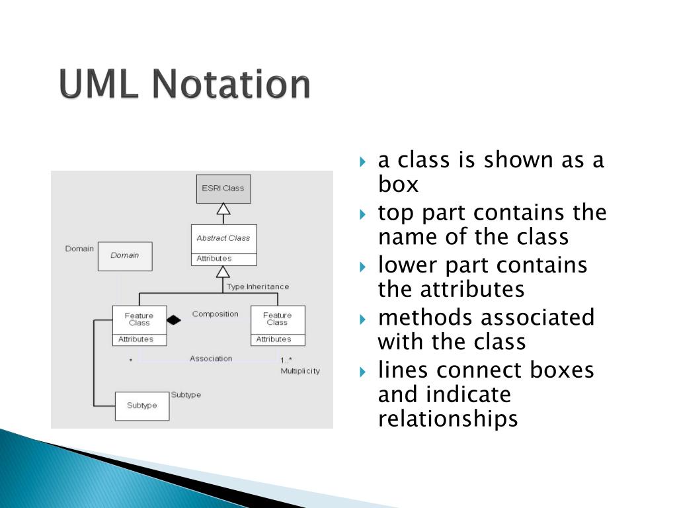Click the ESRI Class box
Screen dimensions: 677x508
(x=223, y=189)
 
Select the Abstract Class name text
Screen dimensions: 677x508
(x=223, y=238)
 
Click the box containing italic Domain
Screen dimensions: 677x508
(x=125, y=256)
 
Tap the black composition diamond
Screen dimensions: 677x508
(x=173, y=320)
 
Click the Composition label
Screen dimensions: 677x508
(x=215, y=314)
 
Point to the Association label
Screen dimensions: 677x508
(x=211, y=359)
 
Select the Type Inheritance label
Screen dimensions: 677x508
(x=258, y=286)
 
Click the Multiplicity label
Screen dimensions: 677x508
(x=299, y=371)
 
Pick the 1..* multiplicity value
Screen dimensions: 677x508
(x=286, y=360)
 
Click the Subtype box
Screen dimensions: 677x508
(x=141, y=406)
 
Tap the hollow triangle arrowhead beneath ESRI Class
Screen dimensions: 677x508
(x=223, y=210)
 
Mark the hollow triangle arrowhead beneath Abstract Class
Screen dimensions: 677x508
(x=223, y=272)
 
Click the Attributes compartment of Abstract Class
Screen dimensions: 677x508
(x=223, y=259)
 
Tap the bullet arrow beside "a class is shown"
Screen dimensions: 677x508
(x=363, y=161)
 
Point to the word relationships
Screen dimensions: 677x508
(x=448, y=419)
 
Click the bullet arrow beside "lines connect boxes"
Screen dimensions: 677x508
(x=363, y=370)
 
